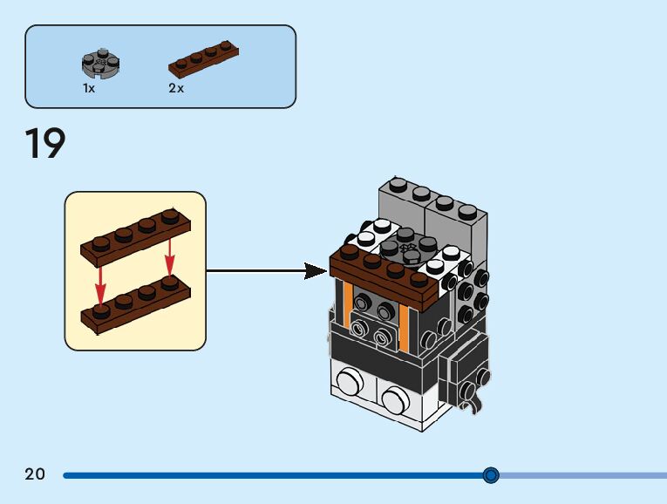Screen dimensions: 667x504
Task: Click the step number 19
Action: [x=45, y=143]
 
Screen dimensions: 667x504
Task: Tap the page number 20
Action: [x=35, y=473]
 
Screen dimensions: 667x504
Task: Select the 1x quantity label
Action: [x=89, y=88]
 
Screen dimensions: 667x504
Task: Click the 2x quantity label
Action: [x=176, y=88]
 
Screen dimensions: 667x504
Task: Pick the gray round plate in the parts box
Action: [x=101, y=64]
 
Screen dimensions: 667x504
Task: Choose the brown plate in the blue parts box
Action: [x=203, y=59]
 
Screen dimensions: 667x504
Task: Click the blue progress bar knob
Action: [x=491, y=474]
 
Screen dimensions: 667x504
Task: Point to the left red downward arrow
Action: [x=100, y=285]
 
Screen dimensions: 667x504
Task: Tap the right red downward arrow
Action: [x=170, y=257]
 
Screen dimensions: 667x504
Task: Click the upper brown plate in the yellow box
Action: [x=136, y=238]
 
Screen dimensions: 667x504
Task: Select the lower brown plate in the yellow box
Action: [x=136, y=304]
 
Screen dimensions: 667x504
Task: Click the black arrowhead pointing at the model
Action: [x=316, y=271]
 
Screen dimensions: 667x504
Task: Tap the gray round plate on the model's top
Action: [x=406, y=245]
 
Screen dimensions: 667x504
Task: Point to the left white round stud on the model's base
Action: [x=351, y=381]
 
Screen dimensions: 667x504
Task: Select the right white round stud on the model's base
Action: [x=396, y=400]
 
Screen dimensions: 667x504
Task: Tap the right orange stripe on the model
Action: [x=404, y=330]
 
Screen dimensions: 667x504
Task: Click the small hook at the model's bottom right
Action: [x=473, y=404]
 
